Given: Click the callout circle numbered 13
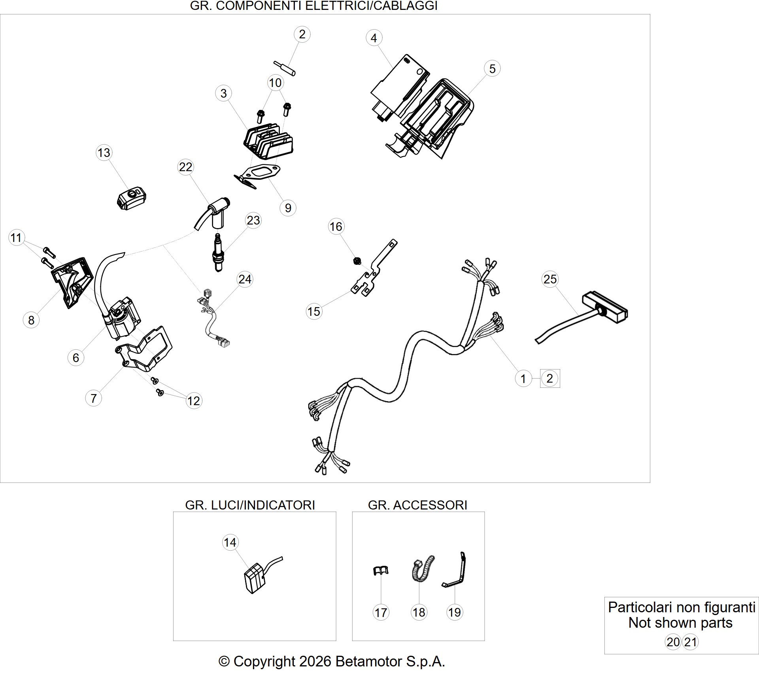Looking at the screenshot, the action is click(x=104, y=153).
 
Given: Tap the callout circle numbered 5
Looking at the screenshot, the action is click(x=492, y=68).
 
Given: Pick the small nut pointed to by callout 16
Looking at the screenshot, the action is click(x=357, y=261).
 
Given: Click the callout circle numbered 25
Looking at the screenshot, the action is click(x=550, y=279).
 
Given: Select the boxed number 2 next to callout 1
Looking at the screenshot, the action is click(x=549, y=378).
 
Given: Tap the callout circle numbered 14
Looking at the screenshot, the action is click(x=230, y=542).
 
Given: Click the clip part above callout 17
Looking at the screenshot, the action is click(x=381, y=570).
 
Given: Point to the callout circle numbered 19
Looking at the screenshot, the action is click(x=455, y=612).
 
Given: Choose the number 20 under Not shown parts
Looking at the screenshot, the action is click(x=673, y=642).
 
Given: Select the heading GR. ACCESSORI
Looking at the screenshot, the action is click(x=417, y=505).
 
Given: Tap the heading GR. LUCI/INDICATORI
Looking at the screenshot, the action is click(x=250, y=505).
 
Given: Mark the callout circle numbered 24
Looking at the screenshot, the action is click(x=245, y=279).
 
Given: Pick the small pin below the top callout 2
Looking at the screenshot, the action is click(x=285, y=68).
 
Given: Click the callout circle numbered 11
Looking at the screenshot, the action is click(x=16, y=238).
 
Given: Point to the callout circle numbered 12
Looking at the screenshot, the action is click(x=193, y=401).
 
